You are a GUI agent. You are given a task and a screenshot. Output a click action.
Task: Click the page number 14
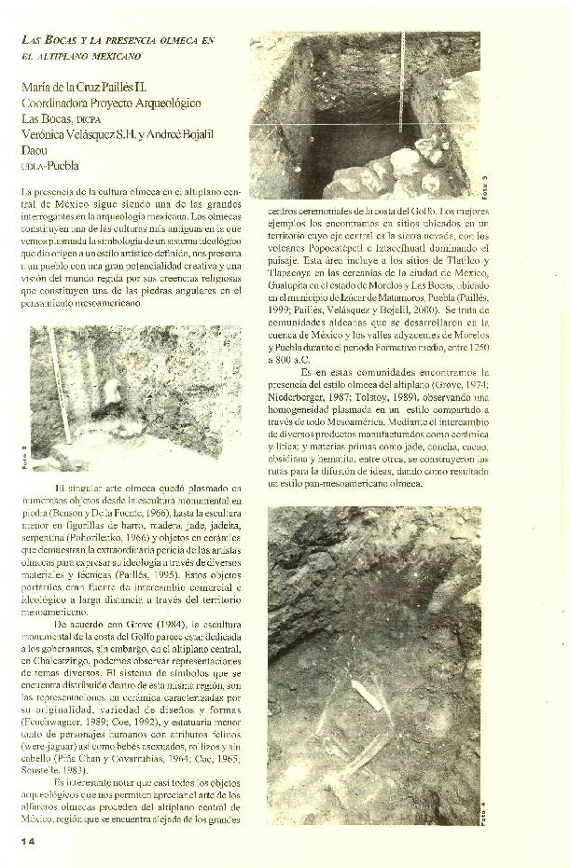27,842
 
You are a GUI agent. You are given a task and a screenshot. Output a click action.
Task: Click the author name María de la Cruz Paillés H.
90,87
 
